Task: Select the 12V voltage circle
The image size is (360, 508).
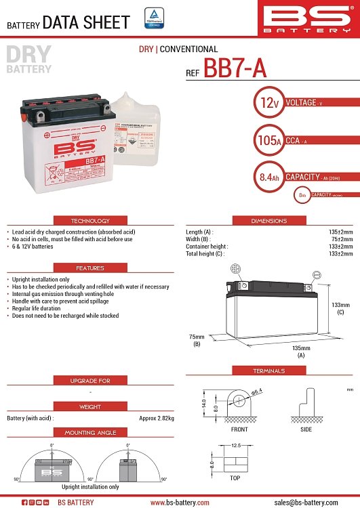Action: tap(266, 104)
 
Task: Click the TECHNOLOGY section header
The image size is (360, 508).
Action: tap(90, 221)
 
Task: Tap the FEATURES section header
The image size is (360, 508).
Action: tap(90, 268)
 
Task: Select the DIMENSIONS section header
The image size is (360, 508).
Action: tap(269, 221)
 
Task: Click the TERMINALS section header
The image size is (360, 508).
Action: tap(269, 371)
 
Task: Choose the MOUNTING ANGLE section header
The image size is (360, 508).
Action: tap(90, 432)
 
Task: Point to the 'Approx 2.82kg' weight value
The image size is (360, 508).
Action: tap(157, 418)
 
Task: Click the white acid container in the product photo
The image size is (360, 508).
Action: tap(139, 129)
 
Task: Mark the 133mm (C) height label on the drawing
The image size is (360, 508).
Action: tap(341, 309)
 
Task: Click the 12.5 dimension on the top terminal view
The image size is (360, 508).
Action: tap(236, 446)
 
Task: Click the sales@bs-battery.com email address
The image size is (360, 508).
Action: tap(305, 502)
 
